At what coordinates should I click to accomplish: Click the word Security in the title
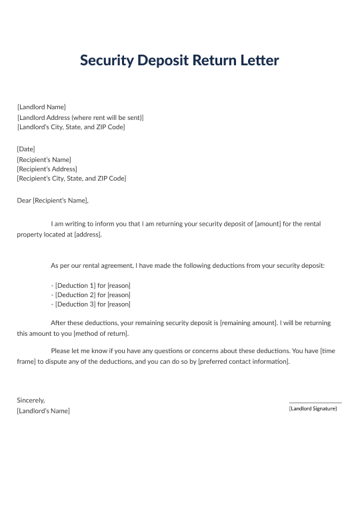(107, 61)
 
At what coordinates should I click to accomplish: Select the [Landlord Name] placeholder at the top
(41, 107)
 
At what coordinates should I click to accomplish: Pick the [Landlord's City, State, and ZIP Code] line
(71, 127)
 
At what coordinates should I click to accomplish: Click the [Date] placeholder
(26, 149)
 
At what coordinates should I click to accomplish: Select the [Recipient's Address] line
(47, 169)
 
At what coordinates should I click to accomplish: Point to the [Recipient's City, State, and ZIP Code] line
(71, 179)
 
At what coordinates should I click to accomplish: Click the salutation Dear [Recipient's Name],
(53, 200)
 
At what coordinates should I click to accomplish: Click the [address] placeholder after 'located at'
(87, 235)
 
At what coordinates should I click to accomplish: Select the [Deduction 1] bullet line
(91, 285)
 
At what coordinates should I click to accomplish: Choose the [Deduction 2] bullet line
(91, 294)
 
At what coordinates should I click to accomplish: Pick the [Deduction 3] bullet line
(91, 304)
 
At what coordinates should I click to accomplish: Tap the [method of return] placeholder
(101, 333)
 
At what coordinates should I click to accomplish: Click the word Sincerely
(31, 400)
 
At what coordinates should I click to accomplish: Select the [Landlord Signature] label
(313, 408)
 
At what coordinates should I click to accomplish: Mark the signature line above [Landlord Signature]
(315, 402)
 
